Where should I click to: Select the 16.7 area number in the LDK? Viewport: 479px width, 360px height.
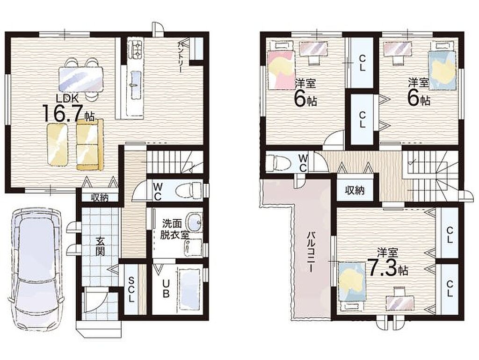click(63, 113)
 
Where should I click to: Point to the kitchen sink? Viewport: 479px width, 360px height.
click(136, 79)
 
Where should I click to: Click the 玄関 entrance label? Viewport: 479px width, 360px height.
click(100, 246)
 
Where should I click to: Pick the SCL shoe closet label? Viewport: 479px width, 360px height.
click(131, 289)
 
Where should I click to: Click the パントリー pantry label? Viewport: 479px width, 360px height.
click(181, 57)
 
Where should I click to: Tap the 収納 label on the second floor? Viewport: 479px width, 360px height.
click(355, 191)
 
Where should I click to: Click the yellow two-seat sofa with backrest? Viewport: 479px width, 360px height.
click(90, 145)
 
